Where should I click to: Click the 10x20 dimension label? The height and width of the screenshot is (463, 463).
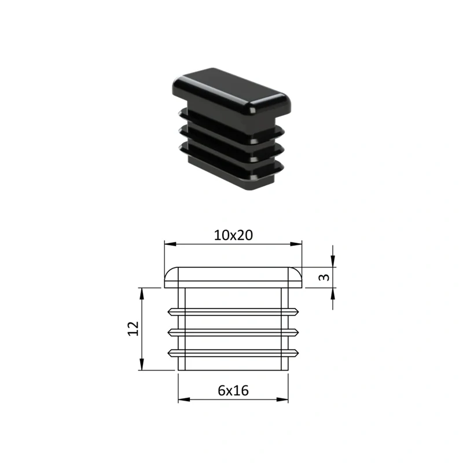click(x=233, y=236)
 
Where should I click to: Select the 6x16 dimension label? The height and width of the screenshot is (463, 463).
click(x=233, y=390)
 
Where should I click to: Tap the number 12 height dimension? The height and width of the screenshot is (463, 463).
click(x=133, y=328)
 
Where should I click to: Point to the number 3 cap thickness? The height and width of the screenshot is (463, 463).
click(x=324, y=277)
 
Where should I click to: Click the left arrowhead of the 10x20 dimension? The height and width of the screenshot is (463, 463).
click(x=170, y=244)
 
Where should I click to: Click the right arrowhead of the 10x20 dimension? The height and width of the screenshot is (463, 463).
click(x=296, y=244)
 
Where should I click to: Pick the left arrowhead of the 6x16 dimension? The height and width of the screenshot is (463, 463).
click(x=184, y=399)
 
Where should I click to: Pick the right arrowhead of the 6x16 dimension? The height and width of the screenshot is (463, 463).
click(x=282, y=399)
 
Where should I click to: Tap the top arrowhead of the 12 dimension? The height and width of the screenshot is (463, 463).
click(x=142, y=294)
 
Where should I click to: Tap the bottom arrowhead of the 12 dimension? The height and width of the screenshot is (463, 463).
click(x=142, y=364)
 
